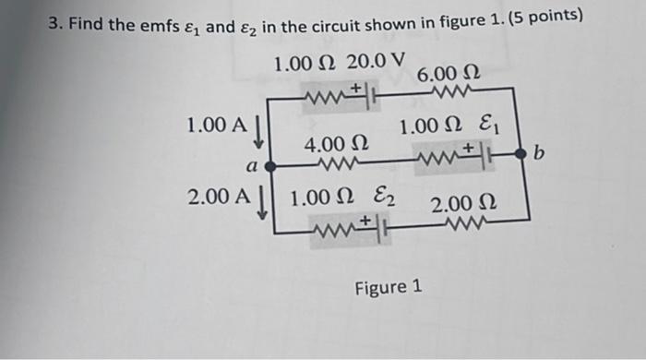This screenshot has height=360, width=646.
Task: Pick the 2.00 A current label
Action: [x=219, y=197]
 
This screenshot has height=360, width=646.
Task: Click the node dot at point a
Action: [x=269, y=167]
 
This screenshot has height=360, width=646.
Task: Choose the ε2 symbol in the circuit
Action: [x=379, y=197]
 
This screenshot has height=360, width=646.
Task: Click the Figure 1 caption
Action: [x=389, y=288]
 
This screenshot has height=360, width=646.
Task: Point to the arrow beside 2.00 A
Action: [x=263, y=203]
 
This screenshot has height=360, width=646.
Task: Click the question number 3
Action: [x=54, y=25]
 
